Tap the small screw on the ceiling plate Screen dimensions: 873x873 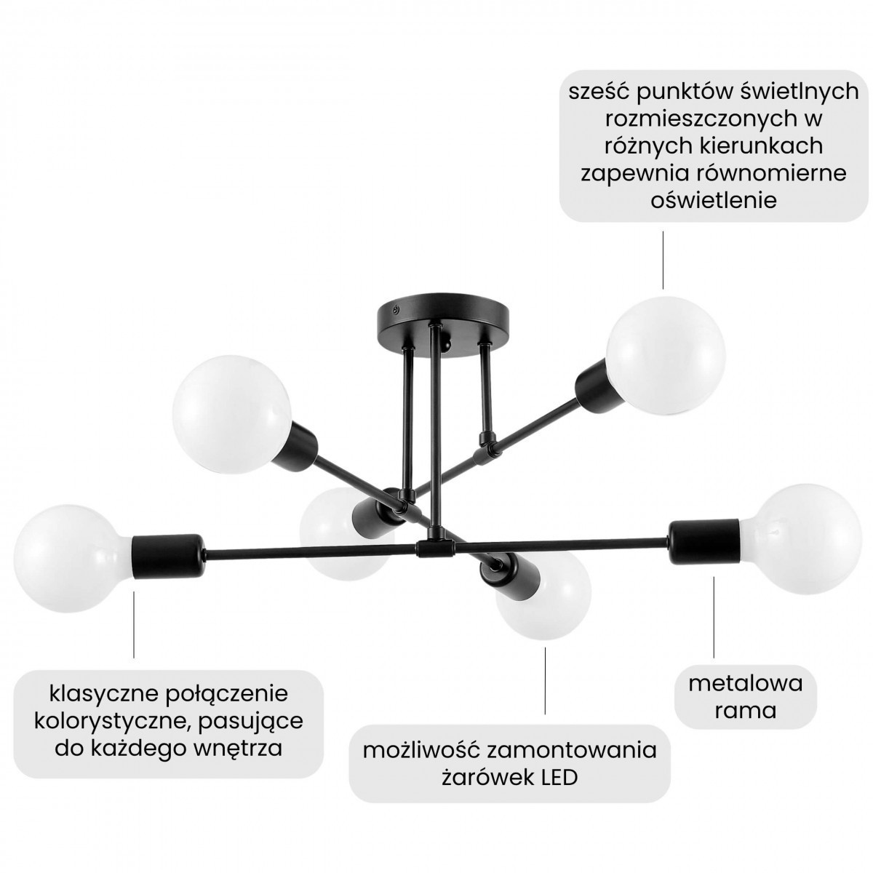point(396,309)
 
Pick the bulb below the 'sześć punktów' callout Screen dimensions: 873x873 point(666,356)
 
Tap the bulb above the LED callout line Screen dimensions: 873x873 point(543,593)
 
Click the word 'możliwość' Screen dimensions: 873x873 point(421,751)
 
